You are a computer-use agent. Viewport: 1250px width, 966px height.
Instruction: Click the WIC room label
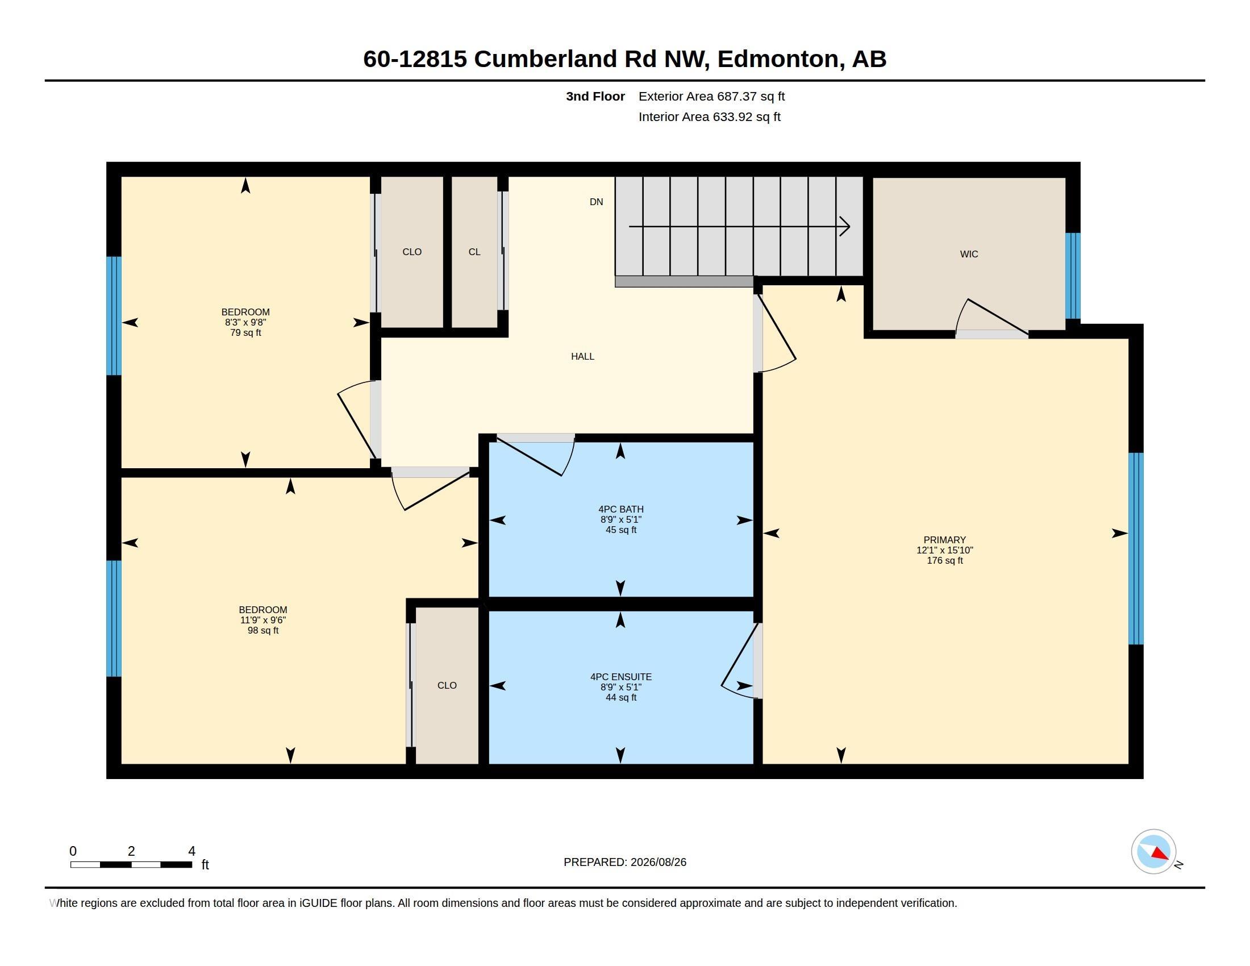coord(968,254)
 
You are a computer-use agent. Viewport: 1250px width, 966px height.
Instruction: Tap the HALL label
coord(582,356)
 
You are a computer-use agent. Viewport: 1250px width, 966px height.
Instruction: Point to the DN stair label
coord(597,202)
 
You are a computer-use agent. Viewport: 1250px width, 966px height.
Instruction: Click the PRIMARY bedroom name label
coord(944,540)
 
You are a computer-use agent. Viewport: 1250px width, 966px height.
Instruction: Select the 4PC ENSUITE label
coord(621,676)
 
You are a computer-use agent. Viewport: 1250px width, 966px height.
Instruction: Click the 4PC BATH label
coord(621,509)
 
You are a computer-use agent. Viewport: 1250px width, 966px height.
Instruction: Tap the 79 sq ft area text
coord(245,332)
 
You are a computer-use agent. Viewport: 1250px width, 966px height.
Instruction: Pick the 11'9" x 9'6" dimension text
coord(262,620)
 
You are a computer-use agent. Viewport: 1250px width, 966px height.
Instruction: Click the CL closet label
coord(474,252)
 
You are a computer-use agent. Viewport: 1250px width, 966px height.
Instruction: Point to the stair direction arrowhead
coord(845,227)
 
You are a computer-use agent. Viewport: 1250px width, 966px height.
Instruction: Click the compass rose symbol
coord(1154,852)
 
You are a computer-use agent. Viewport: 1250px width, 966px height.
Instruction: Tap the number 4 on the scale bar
coord(191,851)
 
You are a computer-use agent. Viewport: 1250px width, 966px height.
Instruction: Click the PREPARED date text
coord(625,862)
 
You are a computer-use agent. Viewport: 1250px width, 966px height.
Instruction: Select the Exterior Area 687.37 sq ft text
coord(711,96)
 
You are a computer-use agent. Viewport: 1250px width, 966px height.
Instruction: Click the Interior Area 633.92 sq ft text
coord(709,116)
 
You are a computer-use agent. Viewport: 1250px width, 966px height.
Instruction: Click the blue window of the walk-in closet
coord(1073,276)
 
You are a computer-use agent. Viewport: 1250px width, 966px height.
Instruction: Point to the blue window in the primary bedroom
coord(1136,548)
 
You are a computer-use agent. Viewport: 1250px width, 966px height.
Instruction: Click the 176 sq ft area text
coord(944,560)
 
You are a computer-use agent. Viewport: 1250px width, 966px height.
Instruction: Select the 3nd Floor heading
coord(595,96)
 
